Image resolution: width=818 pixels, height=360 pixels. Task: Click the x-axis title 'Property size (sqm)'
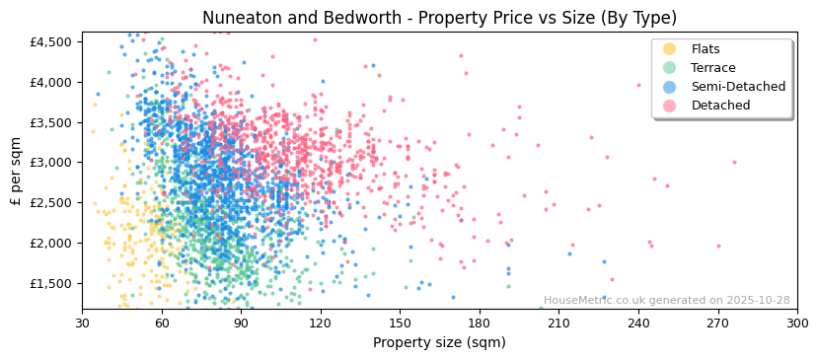tap(439, 343)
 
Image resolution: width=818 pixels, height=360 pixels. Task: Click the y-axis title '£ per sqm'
tap(17, 171)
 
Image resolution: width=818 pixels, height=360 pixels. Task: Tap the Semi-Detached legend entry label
tap(738, 87)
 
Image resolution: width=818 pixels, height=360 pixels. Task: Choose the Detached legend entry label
tap(720, 106)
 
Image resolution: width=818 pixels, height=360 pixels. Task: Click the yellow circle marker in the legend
tap(670, 49)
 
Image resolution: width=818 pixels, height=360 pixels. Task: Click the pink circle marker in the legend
tap(670, 106)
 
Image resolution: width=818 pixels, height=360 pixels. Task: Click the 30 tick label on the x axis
tap(82, 324)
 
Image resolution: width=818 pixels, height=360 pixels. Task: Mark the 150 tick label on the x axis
tap(400, 324)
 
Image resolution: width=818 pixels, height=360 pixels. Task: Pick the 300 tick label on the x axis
tap(796, 324)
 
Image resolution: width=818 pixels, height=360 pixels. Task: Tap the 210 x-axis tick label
tap(558, 324)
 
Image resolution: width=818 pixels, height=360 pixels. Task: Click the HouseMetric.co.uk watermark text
tap(666, 301)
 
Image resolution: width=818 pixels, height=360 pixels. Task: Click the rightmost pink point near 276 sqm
tap(734, 163)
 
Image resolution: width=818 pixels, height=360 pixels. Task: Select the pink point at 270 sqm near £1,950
tap(718, 247)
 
